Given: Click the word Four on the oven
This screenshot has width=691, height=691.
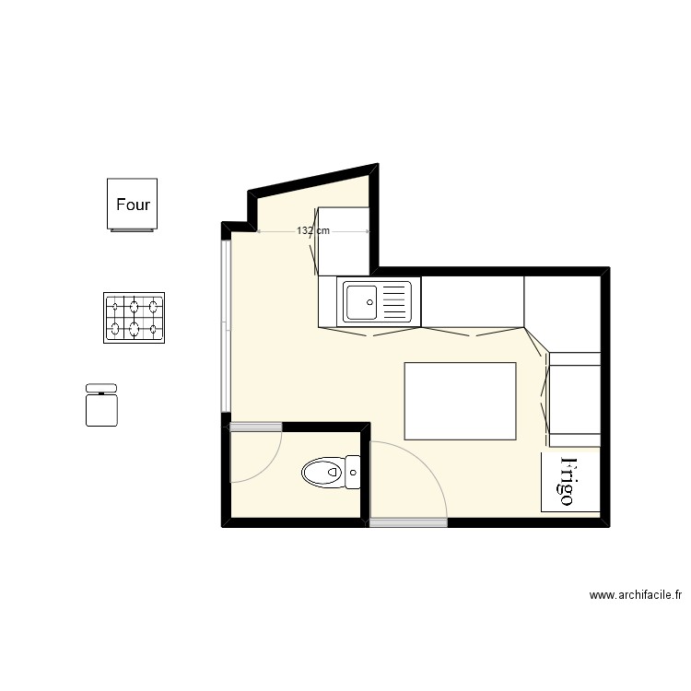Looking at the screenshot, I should (x=133, y=205).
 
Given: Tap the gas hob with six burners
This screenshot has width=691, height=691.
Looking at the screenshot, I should (x=134, y=317).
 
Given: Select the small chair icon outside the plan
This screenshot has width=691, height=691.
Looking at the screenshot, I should (x=102, y=406).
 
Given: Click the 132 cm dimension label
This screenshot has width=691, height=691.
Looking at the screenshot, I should (x=313, y=231).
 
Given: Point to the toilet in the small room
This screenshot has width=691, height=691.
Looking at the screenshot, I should (x=323, y=474).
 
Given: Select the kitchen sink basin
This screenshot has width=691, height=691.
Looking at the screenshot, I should (x=360, y=300).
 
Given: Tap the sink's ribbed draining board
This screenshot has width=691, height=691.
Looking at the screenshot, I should (x=394, y=300).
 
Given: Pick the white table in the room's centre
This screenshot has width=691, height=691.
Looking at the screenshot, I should (x=460, y=401).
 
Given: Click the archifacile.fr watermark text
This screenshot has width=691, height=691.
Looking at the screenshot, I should (x=635, y=596).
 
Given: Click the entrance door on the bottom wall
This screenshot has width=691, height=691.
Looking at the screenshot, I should (x=408, y=522).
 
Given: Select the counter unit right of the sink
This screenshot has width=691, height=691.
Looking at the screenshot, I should (x=472, y=301).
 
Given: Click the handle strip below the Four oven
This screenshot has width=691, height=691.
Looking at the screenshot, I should (x=132, y=230).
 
